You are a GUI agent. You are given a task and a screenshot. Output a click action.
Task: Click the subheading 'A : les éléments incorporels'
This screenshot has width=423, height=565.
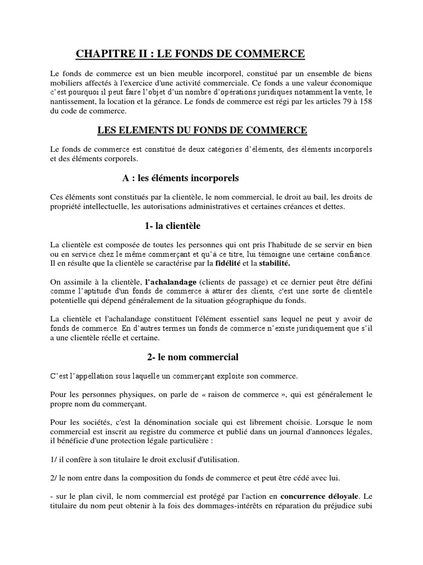click(180, 178)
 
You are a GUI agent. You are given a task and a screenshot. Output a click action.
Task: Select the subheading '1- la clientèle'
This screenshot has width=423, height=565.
click(169, 226)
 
